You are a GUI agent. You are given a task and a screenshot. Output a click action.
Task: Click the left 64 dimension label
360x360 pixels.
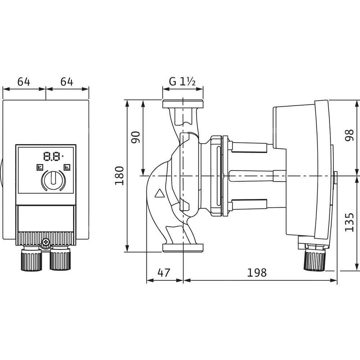click(x=24, y=82)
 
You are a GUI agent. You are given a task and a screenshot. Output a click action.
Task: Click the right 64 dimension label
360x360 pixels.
click(x=67, y=82)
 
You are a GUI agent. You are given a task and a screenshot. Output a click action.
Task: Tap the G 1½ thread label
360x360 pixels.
click(x=183, y=82)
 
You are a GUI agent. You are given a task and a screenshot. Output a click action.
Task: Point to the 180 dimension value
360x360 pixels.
click(x=120, y=176)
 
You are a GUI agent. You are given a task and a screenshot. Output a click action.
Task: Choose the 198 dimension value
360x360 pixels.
click(x=257, y=273)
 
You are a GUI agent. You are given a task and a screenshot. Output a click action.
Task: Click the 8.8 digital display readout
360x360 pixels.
click(x=52, y=157)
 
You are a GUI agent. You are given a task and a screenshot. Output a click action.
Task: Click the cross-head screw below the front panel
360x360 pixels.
click(x=46, y=244)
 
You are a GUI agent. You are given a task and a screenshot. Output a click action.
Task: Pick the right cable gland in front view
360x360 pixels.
click(x=59, y=259)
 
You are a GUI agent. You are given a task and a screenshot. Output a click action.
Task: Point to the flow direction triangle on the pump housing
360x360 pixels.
click(x=159, y=193)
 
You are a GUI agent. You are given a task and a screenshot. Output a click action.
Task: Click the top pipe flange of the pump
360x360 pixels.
click(x=183, y=104)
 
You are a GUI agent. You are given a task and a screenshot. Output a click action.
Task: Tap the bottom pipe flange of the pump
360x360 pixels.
click(x=183, y=247)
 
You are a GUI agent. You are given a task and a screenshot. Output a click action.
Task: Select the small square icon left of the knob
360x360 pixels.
click(x=39, y=167)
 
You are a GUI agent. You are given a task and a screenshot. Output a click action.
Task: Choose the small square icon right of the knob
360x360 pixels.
click(x=67, y=167)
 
